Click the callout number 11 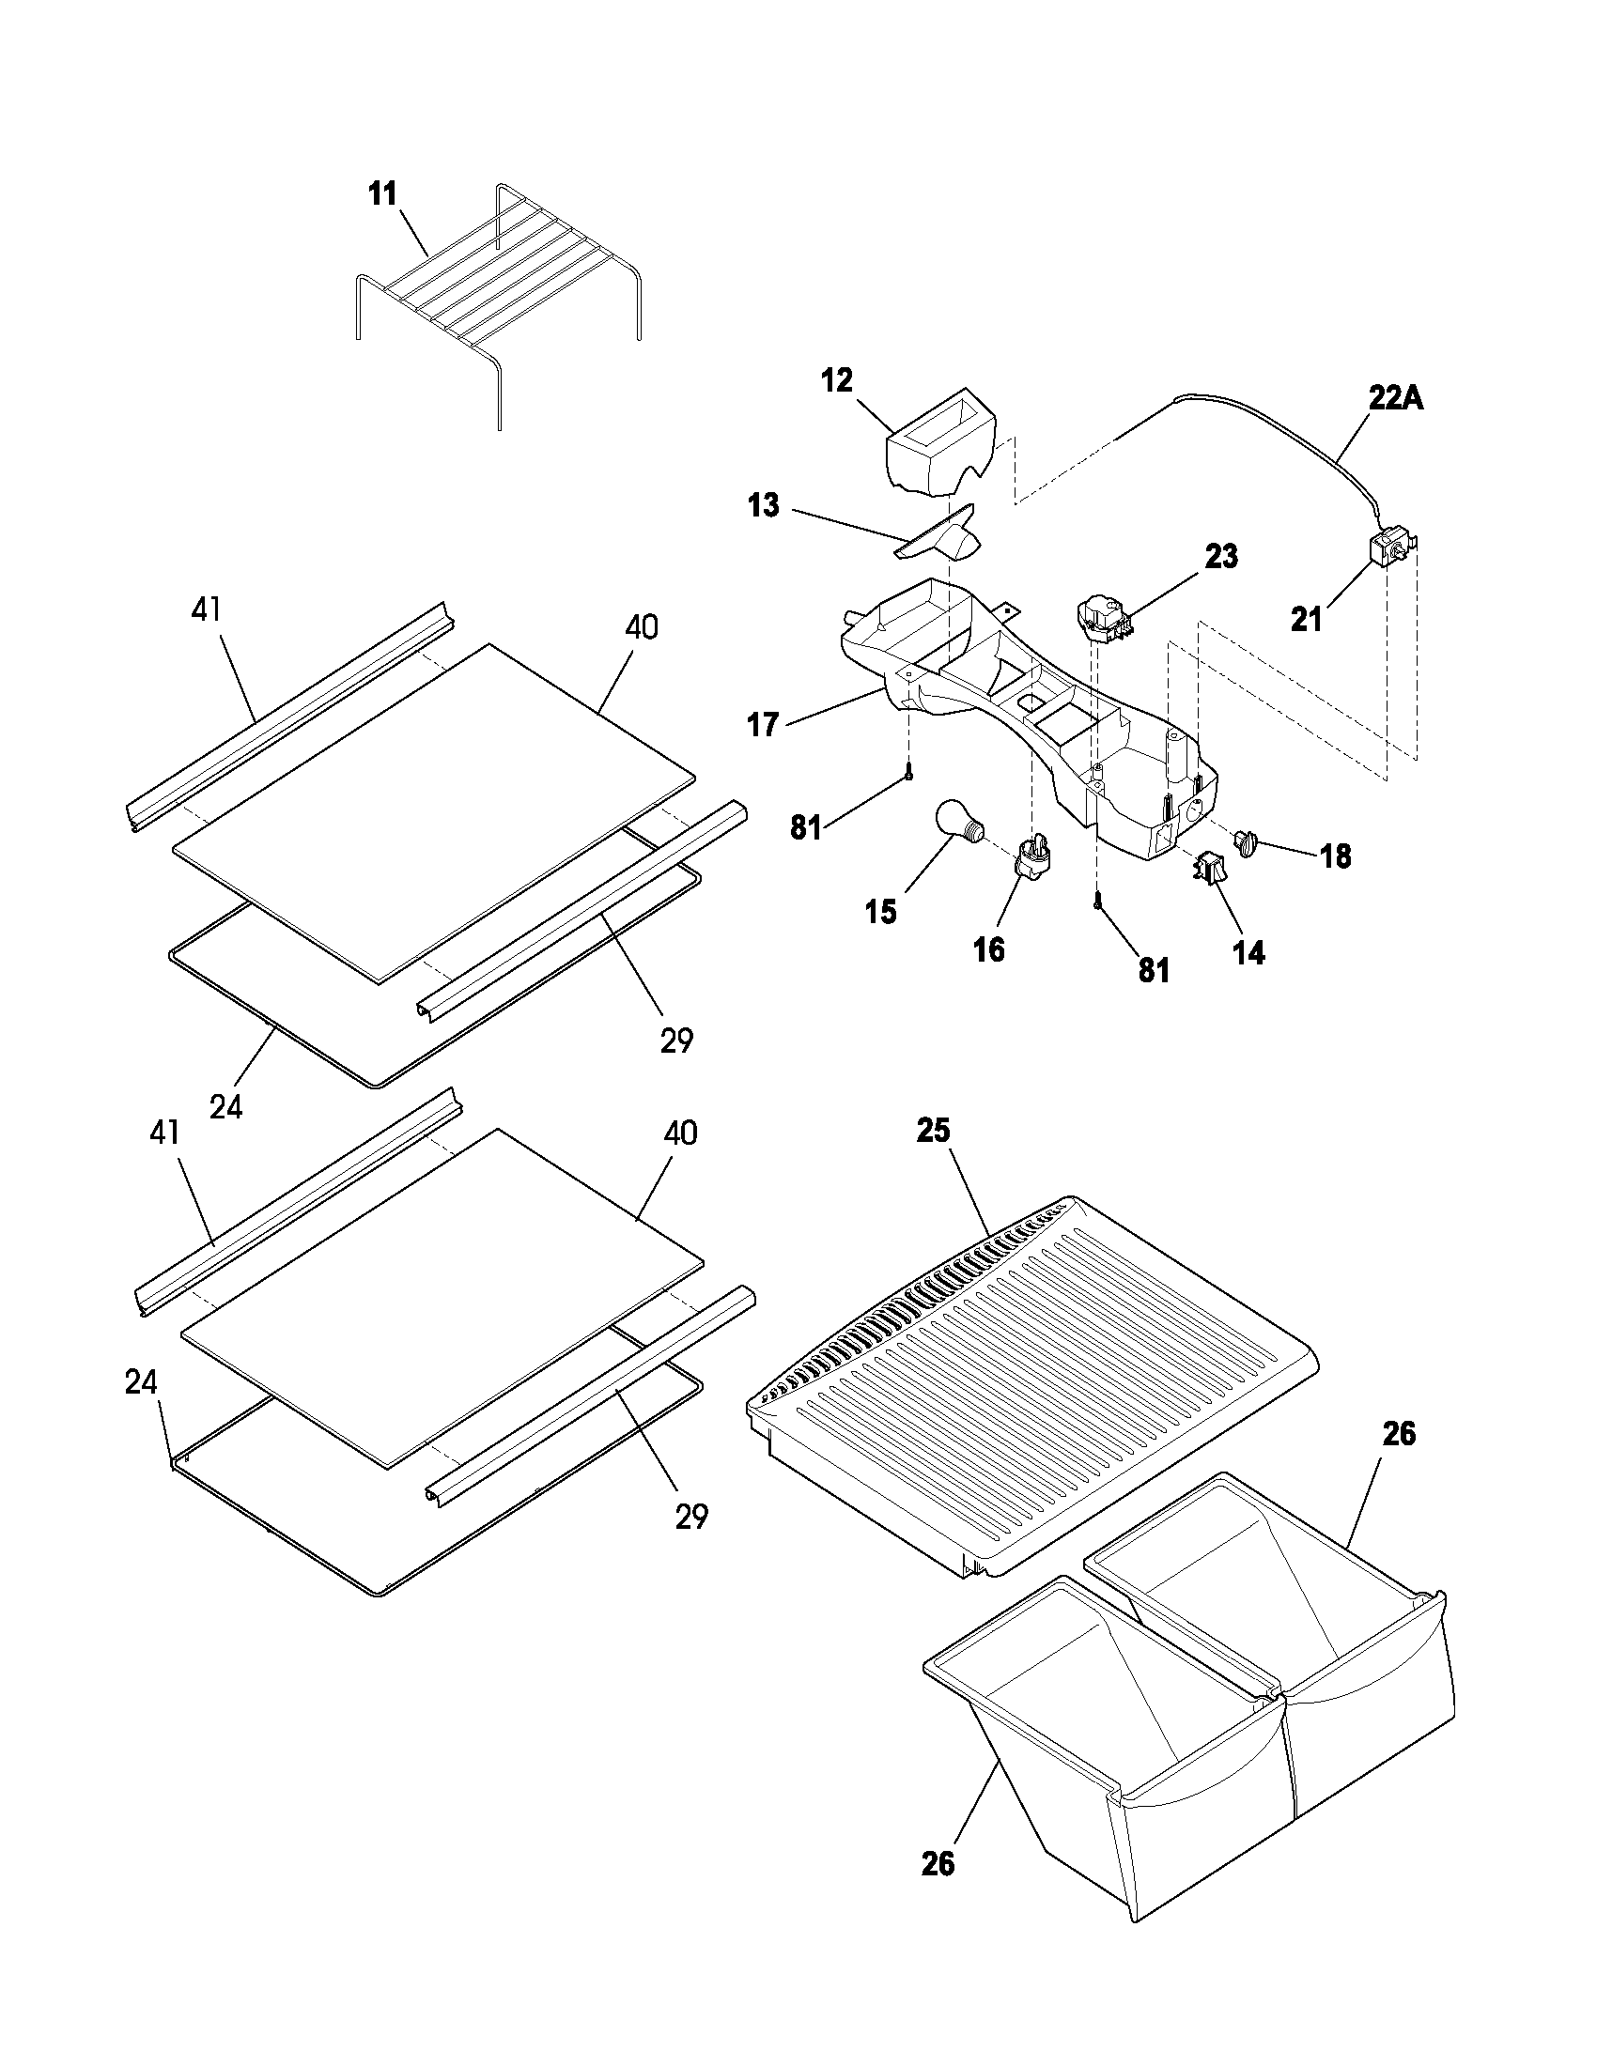pos(382,194)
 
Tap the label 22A pos(1395,399)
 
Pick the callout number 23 pos(1220,556)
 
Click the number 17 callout pos(763,725)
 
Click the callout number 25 pos(933,1131)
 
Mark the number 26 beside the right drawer pos(1400,1434)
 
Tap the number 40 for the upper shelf pos(642,626)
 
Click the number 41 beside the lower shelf pos(164,1133)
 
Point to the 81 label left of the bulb pos(805,828)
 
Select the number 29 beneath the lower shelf pos(691,1517)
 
